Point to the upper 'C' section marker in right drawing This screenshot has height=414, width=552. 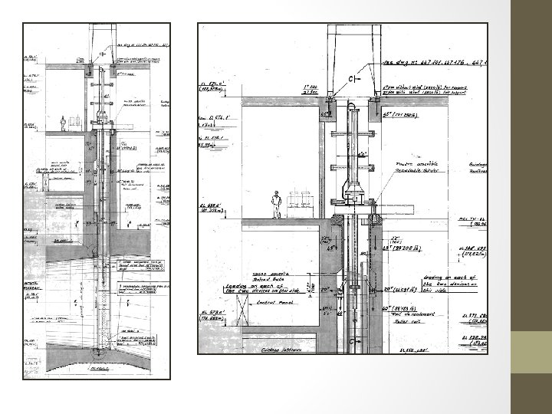pos(355,78)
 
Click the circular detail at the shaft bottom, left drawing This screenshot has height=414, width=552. pos(101,350)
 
